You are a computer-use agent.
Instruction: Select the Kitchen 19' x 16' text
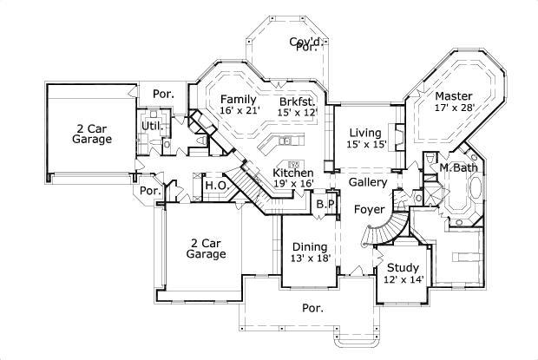click(293, 178)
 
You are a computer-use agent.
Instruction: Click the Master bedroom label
click(453, 101)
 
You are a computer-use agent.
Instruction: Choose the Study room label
click(403, 273)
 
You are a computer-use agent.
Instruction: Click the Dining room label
click(309, 252)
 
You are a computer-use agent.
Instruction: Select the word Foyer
click(370, 209)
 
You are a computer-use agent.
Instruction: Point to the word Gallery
click(367, 183)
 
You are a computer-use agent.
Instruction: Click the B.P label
click(325, 204)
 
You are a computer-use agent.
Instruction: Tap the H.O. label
click(215, 185)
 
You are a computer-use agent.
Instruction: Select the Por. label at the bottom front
click(312, 308)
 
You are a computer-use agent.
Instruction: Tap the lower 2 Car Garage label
click(207, 248)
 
